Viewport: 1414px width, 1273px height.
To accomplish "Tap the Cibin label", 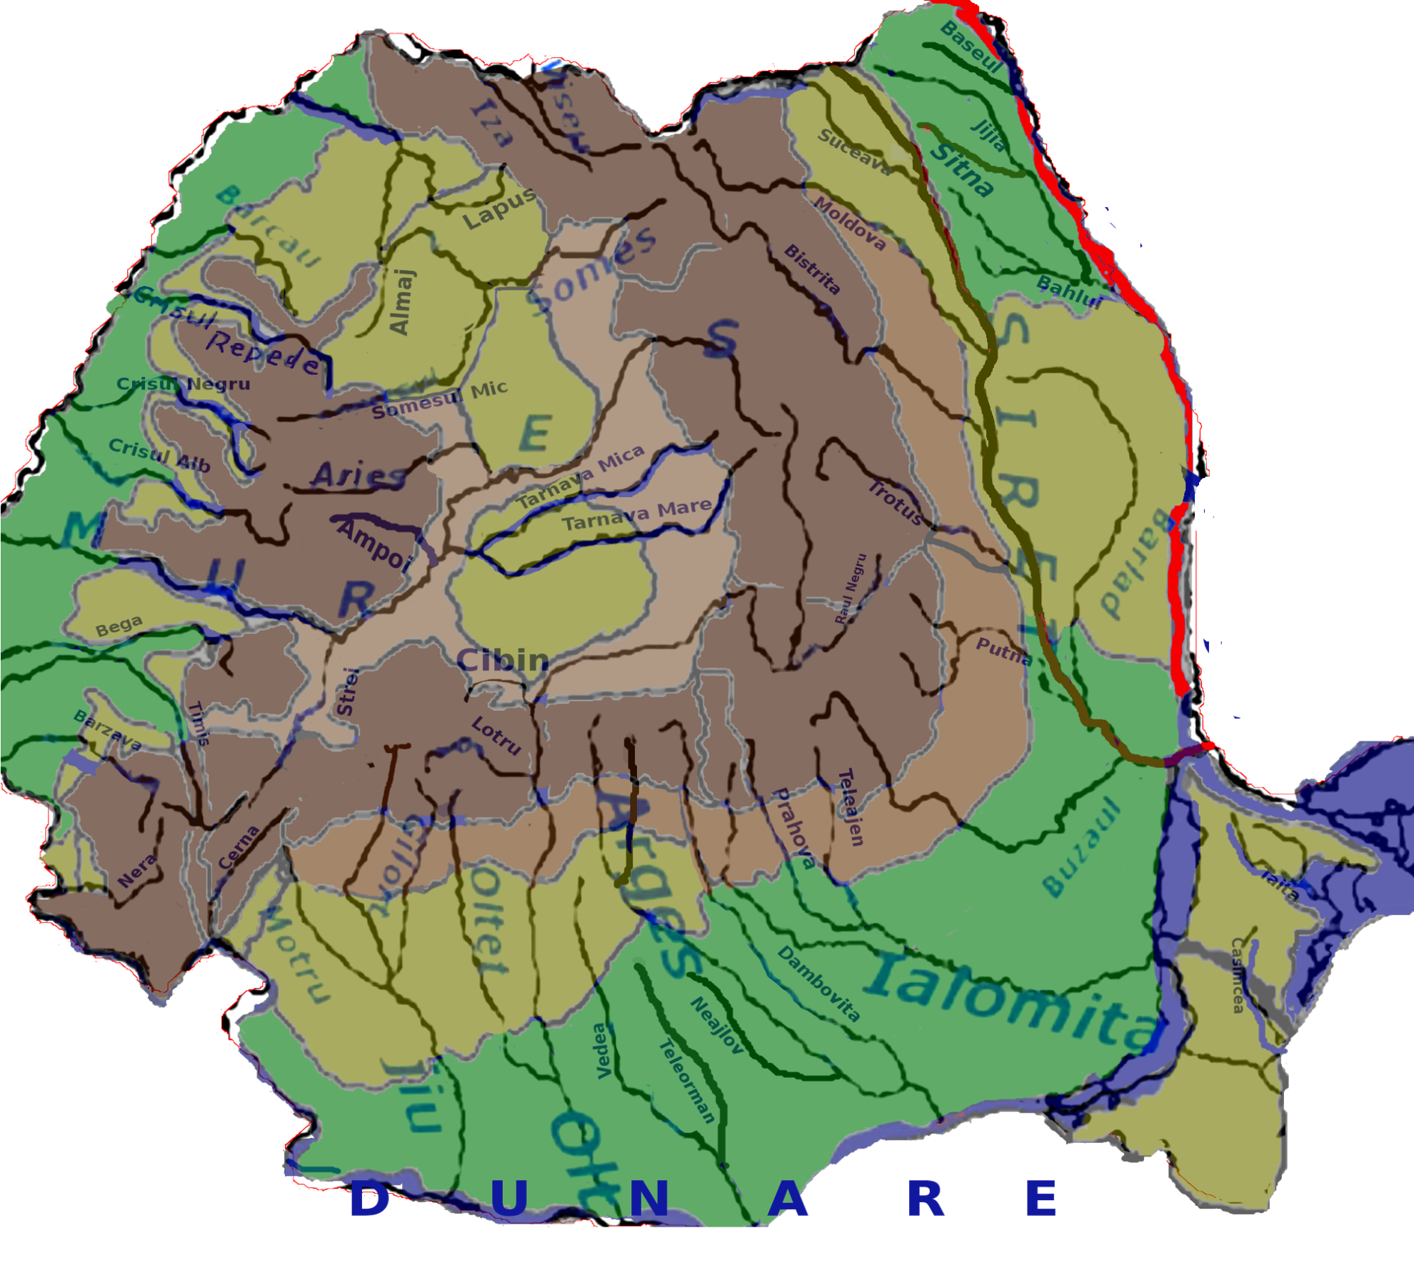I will coord(503,661).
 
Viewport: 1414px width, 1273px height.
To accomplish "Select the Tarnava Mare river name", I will coord(636,514).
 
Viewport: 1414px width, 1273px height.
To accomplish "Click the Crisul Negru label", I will coord(184,384).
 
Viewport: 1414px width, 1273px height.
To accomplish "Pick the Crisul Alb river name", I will coord(159,455).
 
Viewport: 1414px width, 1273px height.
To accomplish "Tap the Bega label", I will coord(119,626).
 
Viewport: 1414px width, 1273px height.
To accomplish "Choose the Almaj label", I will coord(401,301).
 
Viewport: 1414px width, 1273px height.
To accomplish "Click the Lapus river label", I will coord(498,209).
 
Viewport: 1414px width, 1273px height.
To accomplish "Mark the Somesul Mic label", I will coord(439,400).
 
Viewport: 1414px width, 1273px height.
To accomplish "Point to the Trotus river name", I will coord(896,502).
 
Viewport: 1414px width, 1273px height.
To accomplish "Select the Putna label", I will coord(1003,651).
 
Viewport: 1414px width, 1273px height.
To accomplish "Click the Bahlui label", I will coord(1069,291).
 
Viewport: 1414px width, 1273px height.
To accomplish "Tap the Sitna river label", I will coord(961,170).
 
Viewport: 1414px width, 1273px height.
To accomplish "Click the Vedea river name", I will coord(602,1051).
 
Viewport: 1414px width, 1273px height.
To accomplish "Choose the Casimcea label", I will coord(1237,975).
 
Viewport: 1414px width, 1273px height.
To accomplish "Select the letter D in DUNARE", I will coord(370,1199).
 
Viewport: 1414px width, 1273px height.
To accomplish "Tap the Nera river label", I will coord(136,872).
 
